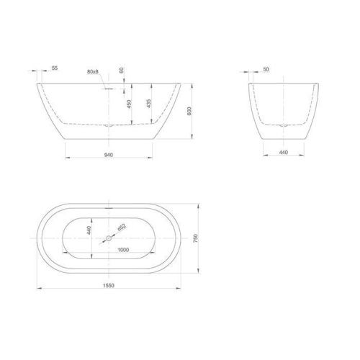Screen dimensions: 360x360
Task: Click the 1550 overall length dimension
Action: [x=108, y=286]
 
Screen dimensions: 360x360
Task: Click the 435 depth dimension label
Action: [x=148, y=103]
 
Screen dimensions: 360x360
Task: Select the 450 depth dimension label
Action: [x=129, y=103]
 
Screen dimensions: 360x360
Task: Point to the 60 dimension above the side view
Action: [x=122, y=71]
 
